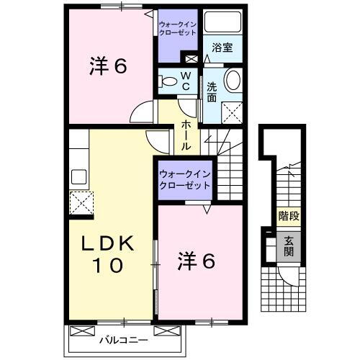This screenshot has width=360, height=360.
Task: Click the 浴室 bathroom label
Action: (x=222, y=48)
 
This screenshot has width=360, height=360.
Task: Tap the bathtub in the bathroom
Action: (x=222, y=22)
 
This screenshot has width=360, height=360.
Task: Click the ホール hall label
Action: (x=186, y=135)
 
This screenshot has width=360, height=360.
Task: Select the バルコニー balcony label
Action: (x=123, y=338)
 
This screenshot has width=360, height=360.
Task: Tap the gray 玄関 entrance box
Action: (x=288, y=246)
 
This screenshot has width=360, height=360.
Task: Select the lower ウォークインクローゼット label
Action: (x=184, y=179)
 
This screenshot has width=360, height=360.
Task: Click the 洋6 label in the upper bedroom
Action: (x=109, y=67)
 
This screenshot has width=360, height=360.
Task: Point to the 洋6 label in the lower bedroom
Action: (x=197, y=261)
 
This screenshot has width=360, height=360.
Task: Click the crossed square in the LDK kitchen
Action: (x=80, y=201)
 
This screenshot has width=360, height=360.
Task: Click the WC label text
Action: (x=185, y=81)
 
